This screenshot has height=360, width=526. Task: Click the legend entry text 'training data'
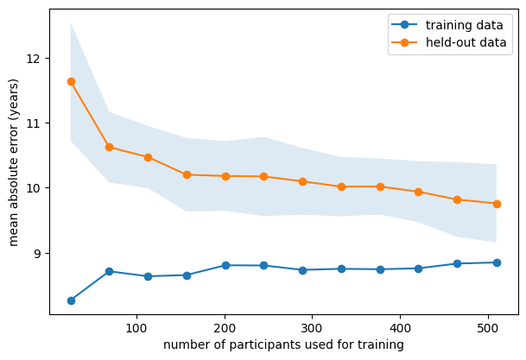[x=465, y=25]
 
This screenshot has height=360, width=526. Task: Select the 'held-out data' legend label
[x=466, y=42]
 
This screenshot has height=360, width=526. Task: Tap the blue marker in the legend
[x=404, y=24]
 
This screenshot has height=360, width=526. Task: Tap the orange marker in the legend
[x=404, y=42]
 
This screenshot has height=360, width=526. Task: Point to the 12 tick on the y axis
[x=33, y=59]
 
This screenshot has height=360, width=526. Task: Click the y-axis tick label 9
[x=36, y=253]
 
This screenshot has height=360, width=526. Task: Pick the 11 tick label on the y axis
[x=33, y=123]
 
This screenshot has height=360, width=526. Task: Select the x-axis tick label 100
[x=136, y=328]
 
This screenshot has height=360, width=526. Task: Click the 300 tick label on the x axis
[x=312, y=328]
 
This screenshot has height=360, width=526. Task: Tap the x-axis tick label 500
[x=488, y=328]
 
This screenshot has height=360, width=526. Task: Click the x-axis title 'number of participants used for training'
[x=283, y=344]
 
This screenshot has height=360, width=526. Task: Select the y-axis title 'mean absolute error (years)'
[x=14, y=162]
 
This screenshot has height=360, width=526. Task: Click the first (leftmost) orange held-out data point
[x=71, y=81]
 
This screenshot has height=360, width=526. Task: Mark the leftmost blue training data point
[x=71, y=300]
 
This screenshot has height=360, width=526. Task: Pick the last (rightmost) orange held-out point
[x=497, y=204]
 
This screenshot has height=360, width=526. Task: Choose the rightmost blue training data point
[x=497, y=262]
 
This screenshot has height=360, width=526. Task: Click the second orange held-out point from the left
[x=109, y=147]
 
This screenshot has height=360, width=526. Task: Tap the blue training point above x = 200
[x=225, y=266]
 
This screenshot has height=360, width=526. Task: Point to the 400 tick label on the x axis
[x=400, y=328]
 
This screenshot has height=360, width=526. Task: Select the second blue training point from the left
[x=109, y=271]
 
